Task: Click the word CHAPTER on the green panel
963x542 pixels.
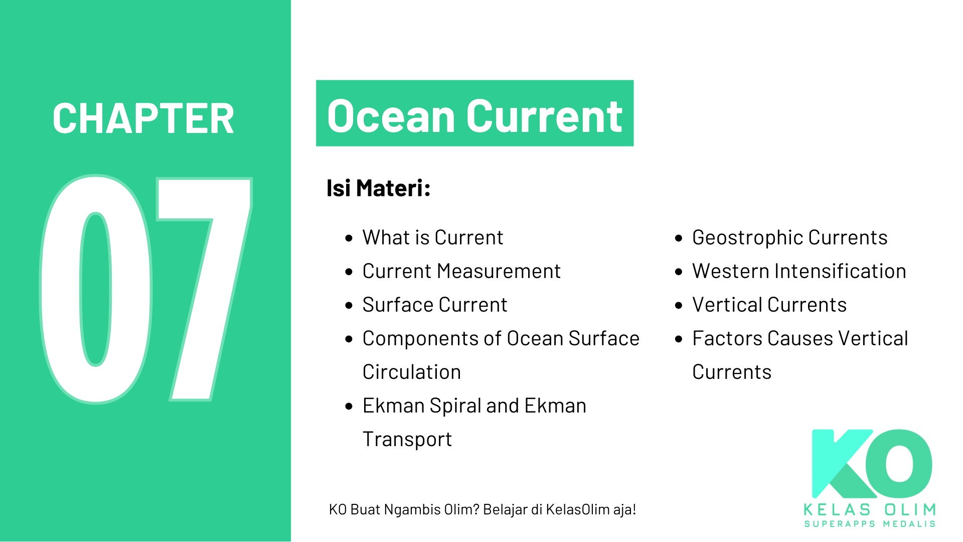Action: [x=143, y=118]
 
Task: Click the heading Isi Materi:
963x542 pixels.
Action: [x=379, y=188]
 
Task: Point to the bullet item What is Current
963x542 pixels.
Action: [x=433, y=237]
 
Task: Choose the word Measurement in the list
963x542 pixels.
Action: [x=499, y=271]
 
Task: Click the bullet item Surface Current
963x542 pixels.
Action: [x=435, y=305]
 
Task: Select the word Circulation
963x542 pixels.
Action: [x=412, y=372]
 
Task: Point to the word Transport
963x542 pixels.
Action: [x=407, y=440]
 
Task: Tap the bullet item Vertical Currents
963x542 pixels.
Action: [x=769, y=305]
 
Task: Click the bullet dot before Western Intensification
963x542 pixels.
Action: [x=679, y=272]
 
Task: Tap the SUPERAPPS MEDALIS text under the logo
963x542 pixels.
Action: [x=870, y=524]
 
